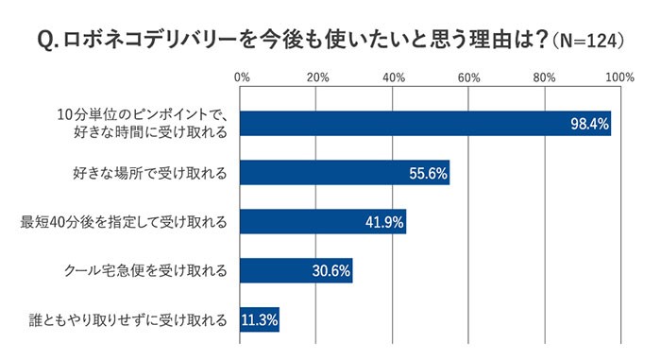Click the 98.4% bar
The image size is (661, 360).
(x=425, y=123)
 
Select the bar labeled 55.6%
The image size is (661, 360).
(x=345, y=173)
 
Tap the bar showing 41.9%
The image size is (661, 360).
(x=323, y=222)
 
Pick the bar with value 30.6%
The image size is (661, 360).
(x=297, y=271)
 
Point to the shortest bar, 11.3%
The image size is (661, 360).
(x=260, y=320)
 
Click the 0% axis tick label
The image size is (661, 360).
(x=242, y=77)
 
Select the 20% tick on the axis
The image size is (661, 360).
(x=318, y=77)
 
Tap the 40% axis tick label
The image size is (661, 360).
(x=394, y=77)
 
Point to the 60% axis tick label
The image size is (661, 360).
(x=469, y=77)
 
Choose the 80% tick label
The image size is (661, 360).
(x=545, y=77)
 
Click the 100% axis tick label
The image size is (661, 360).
(x=619, y=77)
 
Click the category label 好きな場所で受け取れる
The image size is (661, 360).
(x=149, y=173)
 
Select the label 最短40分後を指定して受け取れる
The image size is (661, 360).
(x=124, y=223)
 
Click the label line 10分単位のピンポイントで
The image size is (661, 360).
(x=139, y=114)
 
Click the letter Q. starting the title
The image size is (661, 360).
(x=46, y=41)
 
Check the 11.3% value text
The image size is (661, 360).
(x=260, y=320)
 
